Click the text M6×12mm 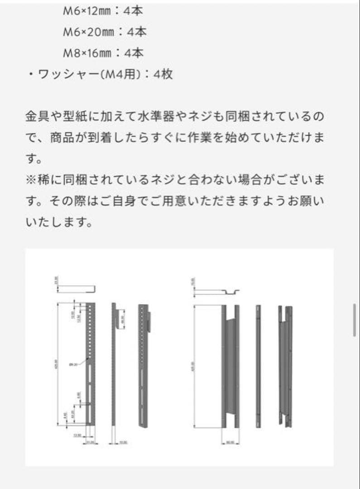pyautogui.click(x=87, y=11)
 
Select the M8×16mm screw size pyautogui.click(x=87, y=53)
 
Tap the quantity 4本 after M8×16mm pyautogui.click(x=134, y=53)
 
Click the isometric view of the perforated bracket pyautogui.click(x=144, y=364)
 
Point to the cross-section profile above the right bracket pyautogui.click(x=216, y=292)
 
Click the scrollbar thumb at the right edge pyautogui.click(x=355, y=320)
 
